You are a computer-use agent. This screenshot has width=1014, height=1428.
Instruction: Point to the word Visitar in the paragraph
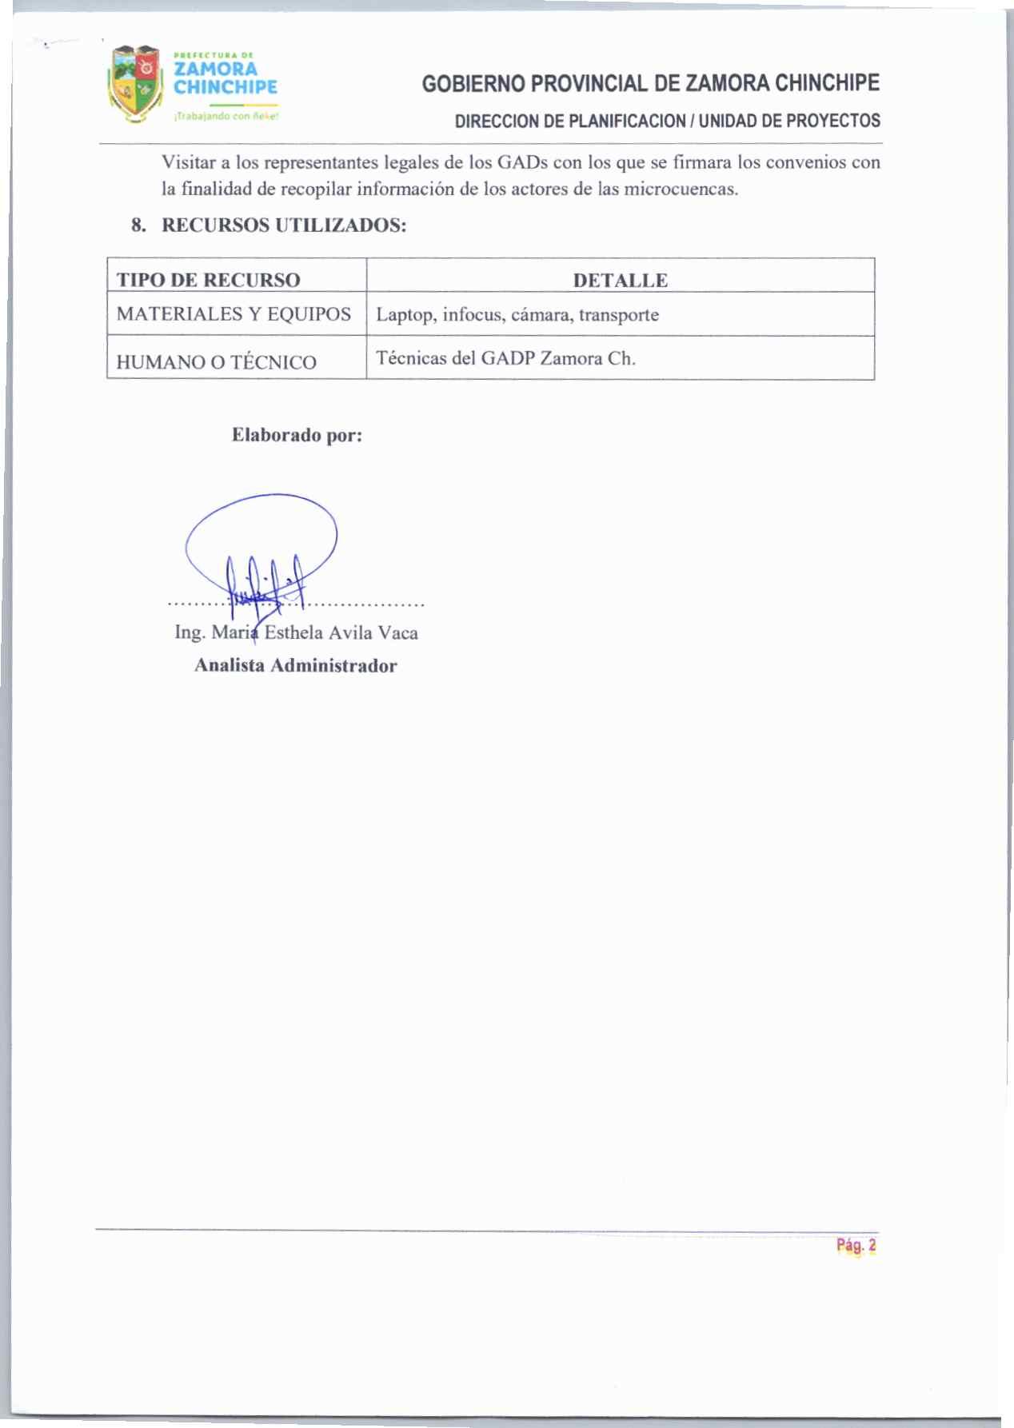coord(189,163)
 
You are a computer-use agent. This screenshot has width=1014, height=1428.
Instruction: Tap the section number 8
coord(138,225)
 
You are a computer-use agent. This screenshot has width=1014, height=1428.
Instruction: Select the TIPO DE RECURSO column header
coord(209,280)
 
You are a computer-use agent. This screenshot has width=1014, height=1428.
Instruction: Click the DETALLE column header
coord(620,281)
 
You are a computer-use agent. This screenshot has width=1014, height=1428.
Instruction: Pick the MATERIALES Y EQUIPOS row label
coord(234,314)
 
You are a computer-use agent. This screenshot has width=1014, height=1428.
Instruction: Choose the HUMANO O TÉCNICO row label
coord(216,362)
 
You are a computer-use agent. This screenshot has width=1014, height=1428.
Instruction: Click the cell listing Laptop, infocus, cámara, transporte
coord(517,315)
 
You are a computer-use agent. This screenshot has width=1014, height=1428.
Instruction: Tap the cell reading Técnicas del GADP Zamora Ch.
coord(505,358)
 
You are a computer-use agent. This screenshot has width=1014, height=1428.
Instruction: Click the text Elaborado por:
coord(297,436)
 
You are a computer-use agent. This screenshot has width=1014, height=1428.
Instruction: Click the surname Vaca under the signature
coord(397,633)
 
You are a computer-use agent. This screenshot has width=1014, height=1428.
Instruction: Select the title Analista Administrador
coord(295,666)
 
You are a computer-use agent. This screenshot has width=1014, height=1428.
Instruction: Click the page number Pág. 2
coord(856,1245)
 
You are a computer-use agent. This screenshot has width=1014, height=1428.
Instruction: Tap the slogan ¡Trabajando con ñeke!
coord(226,116)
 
